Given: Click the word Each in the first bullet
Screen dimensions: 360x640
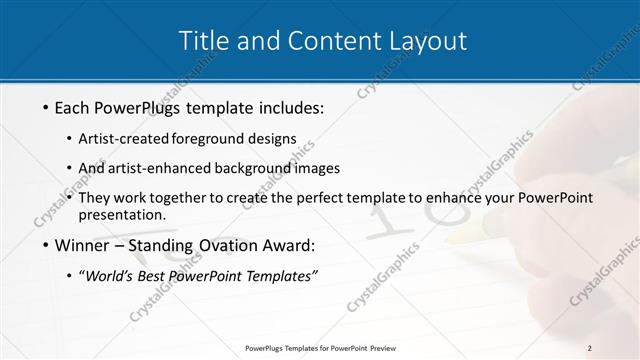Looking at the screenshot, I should tap(74, 106).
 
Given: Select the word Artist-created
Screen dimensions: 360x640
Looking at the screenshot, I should tap(124, 138).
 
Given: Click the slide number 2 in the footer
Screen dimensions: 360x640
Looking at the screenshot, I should tap(589, 348).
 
